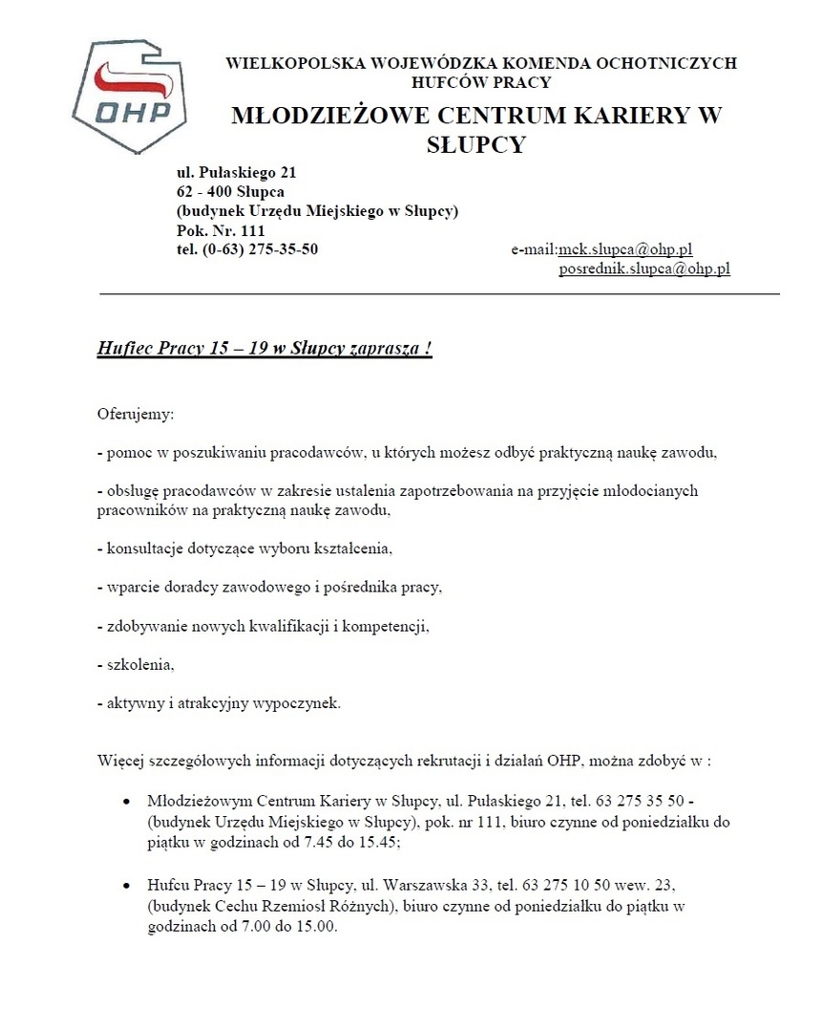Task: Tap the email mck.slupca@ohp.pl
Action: coord(624,249)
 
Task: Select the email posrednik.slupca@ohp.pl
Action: coord(644,269)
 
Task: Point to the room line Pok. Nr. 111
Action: coord(221,230)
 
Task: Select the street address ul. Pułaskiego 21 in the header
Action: coord(237,173)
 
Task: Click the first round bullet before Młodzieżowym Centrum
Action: coord(128,798)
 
